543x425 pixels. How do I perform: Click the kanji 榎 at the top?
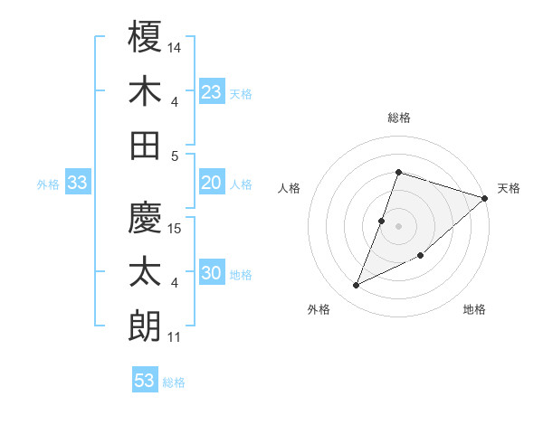146,38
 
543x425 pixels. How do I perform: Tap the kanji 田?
146,144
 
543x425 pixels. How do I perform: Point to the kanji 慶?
146,218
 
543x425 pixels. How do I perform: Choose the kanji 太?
146,271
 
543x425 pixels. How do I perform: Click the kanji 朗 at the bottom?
146,325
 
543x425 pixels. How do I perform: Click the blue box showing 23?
212,91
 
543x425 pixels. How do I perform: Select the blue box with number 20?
212,183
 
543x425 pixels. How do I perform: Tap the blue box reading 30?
212,273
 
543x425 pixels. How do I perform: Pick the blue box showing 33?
77,184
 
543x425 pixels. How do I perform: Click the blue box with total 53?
145,381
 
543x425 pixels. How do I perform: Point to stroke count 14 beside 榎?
176,46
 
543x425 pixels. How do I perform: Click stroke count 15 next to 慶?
176,227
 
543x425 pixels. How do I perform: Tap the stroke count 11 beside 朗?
175,338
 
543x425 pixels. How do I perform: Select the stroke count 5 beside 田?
175,156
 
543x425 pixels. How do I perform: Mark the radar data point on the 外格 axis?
357,286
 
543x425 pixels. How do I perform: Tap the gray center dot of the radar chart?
398,226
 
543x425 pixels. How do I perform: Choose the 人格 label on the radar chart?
290,188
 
